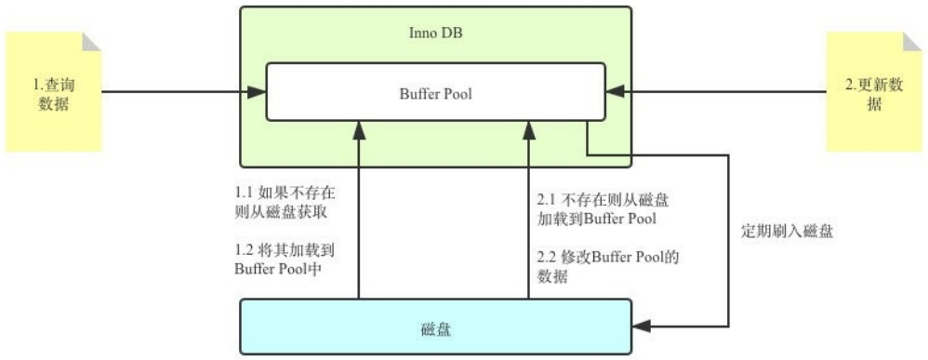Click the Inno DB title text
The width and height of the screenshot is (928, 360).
click(436, 33)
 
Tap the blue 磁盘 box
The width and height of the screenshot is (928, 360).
click(436, 327)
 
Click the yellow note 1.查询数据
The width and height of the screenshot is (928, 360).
click(53, 93)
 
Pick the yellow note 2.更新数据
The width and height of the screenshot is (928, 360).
click(873, 93)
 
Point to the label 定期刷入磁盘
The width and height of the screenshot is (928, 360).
click(786, 232)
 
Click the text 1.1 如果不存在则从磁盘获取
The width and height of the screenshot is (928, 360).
click(285, 204)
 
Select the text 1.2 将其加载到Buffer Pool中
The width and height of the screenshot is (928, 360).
click(285, 260)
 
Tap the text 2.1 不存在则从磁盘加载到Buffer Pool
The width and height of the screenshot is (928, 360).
click(604, 209)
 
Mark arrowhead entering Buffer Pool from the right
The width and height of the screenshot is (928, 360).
click(615, 92)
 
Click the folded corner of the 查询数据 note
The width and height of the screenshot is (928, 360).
click(91, 41)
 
